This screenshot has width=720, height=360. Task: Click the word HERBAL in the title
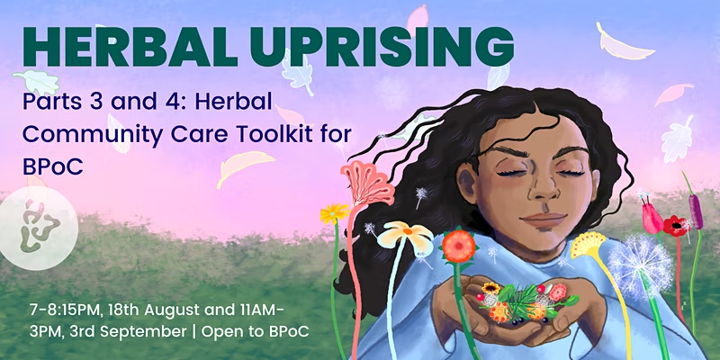[130, 47]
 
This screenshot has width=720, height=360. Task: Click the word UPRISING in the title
[382, 47]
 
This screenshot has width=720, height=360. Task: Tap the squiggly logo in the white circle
[38, 228]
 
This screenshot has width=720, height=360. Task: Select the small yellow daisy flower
[334, 213]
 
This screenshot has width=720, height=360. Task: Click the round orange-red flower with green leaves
[458, 246]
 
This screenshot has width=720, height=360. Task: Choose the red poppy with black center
[677, 226]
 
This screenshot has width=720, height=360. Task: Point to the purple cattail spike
[695, 211]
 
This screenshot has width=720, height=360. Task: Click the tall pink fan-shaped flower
[367, 183]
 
